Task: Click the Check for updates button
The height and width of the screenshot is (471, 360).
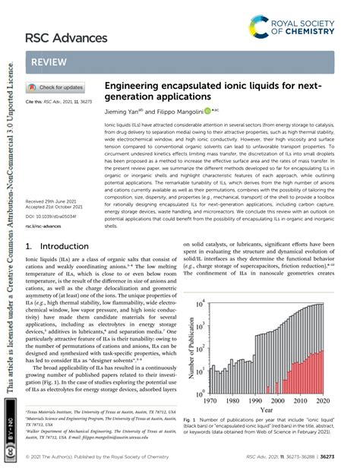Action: (57, 87)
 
